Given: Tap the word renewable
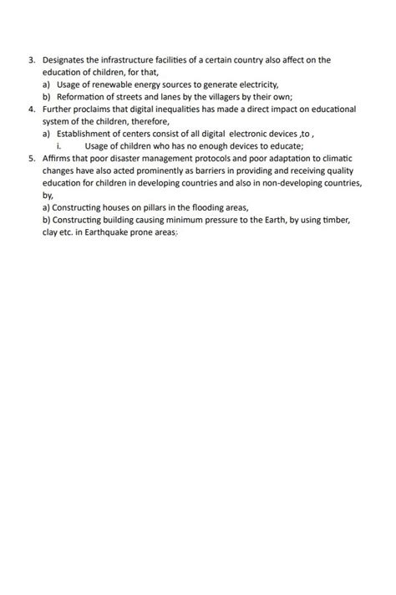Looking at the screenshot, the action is tap(120, 84).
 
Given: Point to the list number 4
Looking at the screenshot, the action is tap(31, 109).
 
